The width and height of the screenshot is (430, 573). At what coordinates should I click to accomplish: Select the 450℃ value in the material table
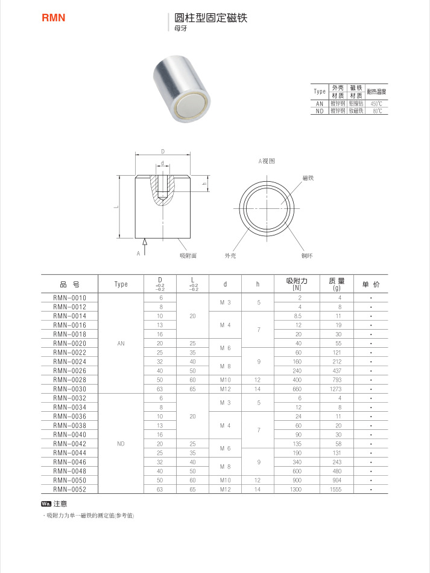tap(376, 104)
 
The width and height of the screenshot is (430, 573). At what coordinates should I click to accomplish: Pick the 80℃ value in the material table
tap(377, 111)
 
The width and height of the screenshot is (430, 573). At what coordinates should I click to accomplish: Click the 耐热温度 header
tap(376, 92)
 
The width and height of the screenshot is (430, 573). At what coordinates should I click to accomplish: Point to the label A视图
tap(267, 161)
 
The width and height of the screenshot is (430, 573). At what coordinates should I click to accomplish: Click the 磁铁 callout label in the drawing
tap(308, 178)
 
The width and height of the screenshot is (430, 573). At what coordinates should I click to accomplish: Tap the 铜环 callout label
tap(307, 256)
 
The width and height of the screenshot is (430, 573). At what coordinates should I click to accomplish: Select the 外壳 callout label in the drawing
tap(230, 256)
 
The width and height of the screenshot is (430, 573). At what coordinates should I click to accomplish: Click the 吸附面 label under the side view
tap(188, 256)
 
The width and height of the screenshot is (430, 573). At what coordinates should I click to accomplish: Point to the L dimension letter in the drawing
tap(115, 207)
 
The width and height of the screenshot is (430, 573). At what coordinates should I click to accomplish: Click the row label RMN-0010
tap(70, 298)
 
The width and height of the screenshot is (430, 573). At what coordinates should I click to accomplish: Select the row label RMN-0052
tap(70, 489)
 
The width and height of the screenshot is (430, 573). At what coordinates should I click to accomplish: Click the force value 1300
tap(296, 489)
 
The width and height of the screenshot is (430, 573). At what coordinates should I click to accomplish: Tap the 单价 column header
tap(371, 284)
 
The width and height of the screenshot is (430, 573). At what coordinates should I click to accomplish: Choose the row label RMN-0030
tap(70, 389)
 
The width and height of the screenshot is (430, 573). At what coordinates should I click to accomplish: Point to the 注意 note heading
tap(60, 504)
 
